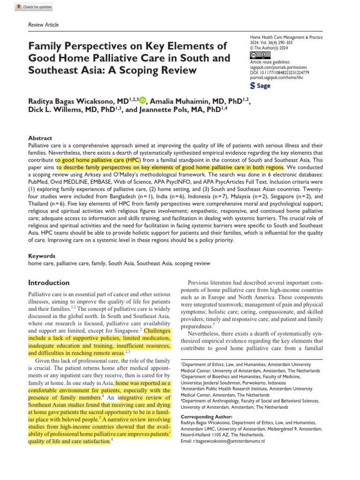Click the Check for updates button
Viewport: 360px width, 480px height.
[x=34, y=7]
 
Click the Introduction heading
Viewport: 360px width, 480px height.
[x=49, y=283]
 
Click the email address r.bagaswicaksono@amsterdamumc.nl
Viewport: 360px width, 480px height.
[x=223, y=441]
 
